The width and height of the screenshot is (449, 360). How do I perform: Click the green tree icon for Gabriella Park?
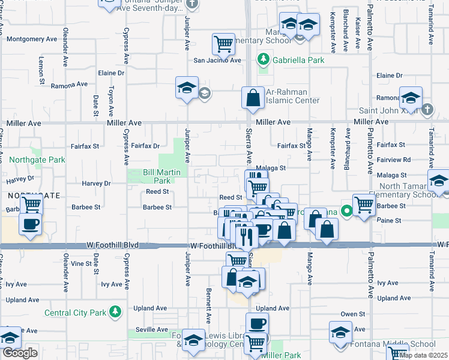click(263, 60)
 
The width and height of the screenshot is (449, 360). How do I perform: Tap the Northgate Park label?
click(37, 160)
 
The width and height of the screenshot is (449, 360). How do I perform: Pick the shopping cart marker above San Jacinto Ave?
click(223, 43)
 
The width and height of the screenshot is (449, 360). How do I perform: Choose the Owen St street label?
click(353, 314)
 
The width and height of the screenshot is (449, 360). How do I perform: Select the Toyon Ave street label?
click(110, 100)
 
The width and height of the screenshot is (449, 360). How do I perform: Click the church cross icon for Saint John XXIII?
click(427, 109)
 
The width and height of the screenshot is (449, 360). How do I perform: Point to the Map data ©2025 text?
click(423, 355)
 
